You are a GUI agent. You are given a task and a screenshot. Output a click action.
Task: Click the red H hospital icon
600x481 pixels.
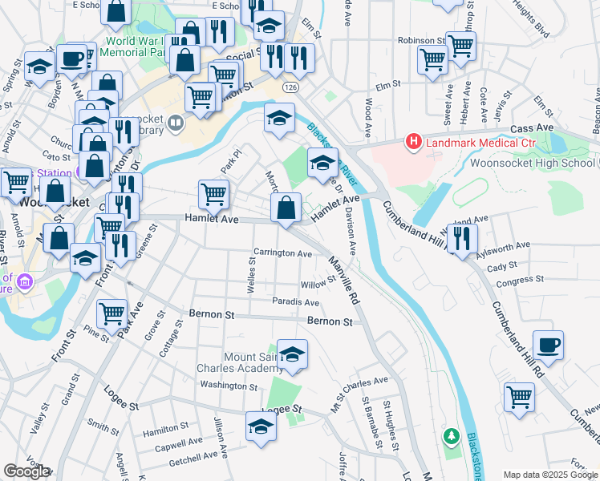click(414, 143)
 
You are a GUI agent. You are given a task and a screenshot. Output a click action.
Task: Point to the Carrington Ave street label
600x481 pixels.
click(282, 253)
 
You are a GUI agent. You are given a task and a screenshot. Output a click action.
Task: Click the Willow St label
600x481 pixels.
click(318, 284)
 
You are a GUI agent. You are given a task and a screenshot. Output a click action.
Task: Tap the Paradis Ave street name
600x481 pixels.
click(295, 302)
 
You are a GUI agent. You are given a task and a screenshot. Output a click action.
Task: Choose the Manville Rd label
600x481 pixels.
click(343, 280)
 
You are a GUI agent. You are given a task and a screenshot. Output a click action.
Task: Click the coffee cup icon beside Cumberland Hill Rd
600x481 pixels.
click(548, 345)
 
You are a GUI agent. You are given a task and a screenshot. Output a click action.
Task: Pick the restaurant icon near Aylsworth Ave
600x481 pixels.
click(461, 238)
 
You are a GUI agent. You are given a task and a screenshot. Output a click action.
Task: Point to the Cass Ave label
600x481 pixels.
click(533, 127)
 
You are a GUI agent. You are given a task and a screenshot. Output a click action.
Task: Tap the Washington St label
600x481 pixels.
click(229, 386)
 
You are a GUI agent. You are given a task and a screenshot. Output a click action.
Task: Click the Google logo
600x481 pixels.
click(26, 471)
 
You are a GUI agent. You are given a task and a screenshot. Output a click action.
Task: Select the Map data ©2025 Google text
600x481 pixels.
click(550, 475)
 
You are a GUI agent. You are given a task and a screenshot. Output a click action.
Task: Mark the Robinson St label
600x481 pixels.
click(420, 39)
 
